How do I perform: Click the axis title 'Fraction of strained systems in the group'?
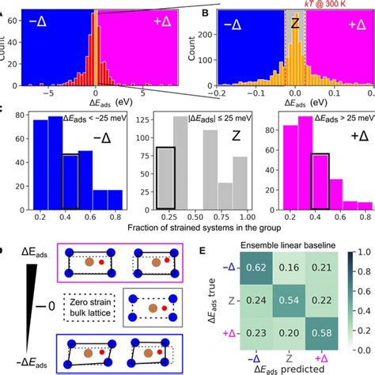[195, 229]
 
